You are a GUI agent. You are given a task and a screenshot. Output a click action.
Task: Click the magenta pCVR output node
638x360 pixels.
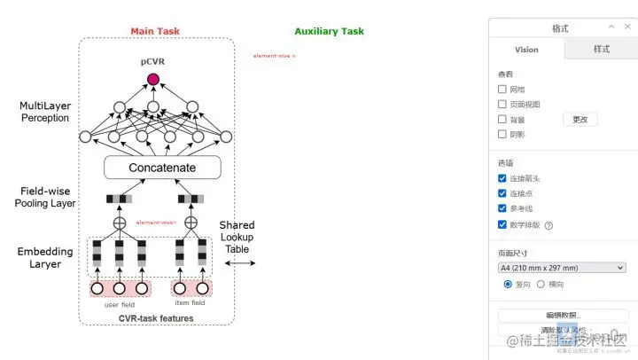tap(152, 80)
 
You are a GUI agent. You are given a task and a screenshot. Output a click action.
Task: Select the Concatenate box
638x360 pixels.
tap(162, 167)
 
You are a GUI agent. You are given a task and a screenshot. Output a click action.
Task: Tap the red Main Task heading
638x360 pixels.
tap(155, 31)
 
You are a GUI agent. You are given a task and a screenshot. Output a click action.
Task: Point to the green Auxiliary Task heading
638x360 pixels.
tap(329, 31)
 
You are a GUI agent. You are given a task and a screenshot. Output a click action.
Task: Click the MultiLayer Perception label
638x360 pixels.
tap(44, 112)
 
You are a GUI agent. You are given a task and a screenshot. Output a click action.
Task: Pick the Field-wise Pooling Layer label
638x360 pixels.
tap(45, 197)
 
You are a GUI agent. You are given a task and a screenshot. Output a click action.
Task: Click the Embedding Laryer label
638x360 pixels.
tap(45, 257)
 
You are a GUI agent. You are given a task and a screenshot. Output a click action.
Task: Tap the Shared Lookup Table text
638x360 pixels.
tap(237, 238)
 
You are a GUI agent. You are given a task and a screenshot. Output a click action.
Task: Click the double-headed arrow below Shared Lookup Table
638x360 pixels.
tap(239, 263)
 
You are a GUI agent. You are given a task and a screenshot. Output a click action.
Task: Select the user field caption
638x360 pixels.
tap(118, 304)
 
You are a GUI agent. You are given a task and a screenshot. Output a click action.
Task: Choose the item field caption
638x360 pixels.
tap(190, 303)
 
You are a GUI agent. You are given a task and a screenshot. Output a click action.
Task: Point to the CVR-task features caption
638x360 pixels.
tap(156, 318)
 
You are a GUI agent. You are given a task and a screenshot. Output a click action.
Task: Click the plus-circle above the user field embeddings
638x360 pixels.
tap(121, 223)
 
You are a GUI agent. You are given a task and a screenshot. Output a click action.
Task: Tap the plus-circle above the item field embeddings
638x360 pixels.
tap(190, 223)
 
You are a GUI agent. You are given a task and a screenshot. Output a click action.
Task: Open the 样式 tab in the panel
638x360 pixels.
tap(602, 50)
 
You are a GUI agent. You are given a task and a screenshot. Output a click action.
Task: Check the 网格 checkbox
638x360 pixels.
tap(502, 90)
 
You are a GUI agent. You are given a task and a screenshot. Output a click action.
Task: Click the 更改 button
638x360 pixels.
tap(580, 120)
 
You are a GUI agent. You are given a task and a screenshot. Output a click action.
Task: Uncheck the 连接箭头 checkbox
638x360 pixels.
tap(502, 178)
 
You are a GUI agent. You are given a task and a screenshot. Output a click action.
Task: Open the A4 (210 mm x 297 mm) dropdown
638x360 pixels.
tap(562, 267)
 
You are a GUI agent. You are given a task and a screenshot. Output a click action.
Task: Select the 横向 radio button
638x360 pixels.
tap(541, 284)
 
